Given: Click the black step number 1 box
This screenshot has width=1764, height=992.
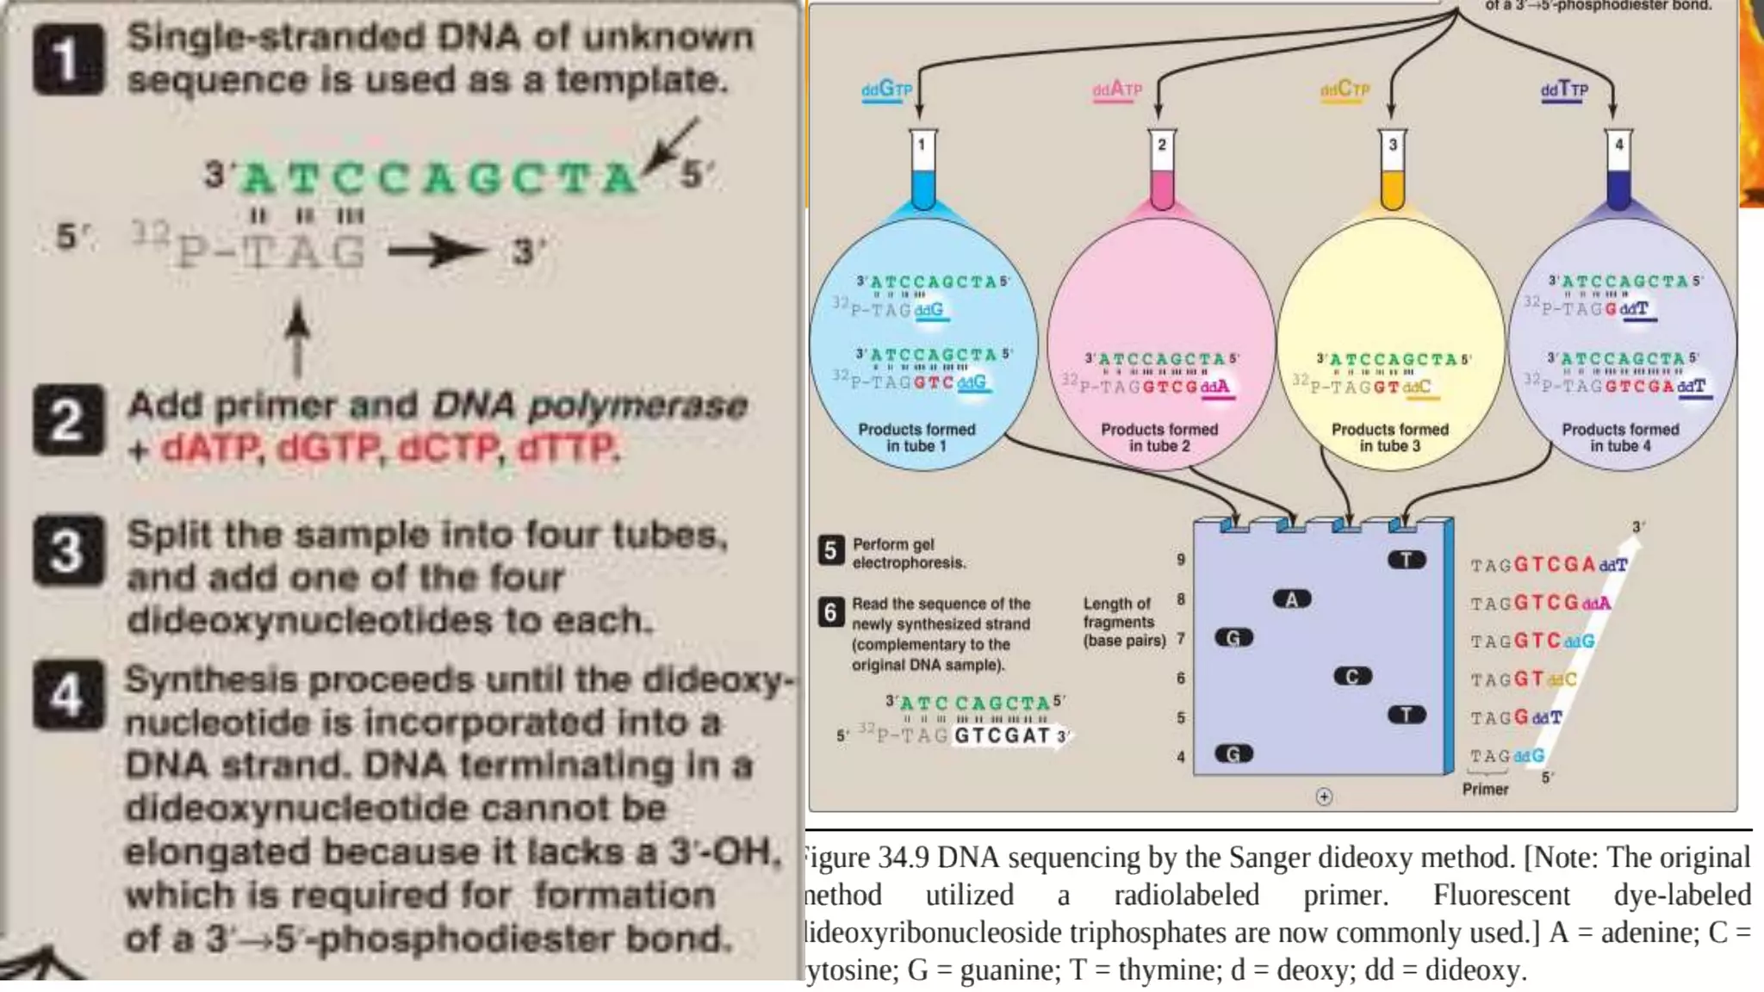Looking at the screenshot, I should [x=69, y=59].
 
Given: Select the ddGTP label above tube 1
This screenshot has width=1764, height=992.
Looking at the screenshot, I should [x=886, y=90].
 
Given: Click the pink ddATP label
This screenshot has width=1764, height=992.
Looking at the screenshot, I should [x=1117, y=90].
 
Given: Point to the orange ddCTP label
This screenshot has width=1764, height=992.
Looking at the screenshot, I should [x=1345, y=90].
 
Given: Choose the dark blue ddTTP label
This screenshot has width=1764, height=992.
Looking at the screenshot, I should [x=1564, y=90].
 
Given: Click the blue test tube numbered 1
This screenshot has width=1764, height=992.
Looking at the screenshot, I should [x=922, y=170].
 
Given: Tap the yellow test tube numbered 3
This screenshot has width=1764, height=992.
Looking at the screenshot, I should [x=1393, y=170].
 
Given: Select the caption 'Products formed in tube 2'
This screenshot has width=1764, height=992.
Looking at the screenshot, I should [x=1159, y=437].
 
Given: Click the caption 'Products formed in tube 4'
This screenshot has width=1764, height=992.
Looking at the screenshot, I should [x=1620, y=437].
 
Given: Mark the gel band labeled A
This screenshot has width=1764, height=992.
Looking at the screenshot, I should [x=1292, y=599].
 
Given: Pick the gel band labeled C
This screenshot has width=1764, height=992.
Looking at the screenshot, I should [x=1352, y=677].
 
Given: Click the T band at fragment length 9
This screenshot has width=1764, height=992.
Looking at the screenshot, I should [x=1407, y=561].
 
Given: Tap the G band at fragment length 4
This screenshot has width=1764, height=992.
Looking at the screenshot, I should [x=1233, y=754].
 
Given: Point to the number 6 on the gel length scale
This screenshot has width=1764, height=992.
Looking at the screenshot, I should [x=1181, y=679].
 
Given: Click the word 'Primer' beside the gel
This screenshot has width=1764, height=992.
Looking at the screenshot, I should [x=1485, y=789].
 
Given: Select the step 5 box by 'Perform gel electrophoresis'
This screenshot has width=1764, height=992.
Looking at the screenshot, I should [x=830, y=550].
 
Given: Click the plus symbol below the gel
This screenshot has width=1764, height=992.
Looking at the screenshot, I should [x=1324, y=797].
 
